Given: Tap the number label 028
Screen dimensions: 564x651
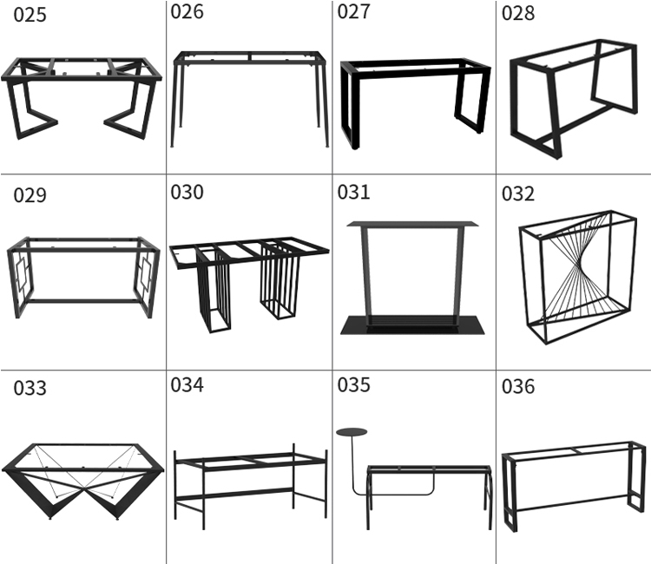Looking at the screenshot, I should point(518,14).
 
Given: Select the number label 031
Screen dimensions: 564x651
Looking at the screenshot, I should point(354,193).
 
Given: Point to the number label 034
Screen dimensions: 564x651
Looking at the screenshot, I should point(187,384).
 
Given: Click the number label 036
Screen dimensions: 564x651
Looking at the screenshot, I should point(518,386).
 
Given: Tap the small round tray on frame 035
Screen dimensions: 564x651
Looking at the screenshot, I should point(352,431).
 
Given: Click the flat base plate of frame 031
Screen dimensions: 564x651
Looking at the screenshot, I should point(410,325).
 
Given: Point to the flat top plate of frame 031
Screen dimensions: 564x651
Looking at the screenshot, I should point(412,225).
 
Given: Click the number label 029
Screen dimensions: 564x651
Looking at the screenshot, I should point(30,194).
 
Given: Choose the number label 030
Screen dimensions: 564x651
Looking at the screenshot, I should point(187,192).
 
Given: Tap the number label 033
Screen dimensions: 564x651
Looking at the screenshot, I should point(30,388).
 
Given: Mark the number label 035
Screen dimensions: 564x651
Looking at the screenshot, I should point(354,385).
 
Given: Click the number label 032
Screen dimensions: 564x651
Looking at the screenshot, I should point(518,193).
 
